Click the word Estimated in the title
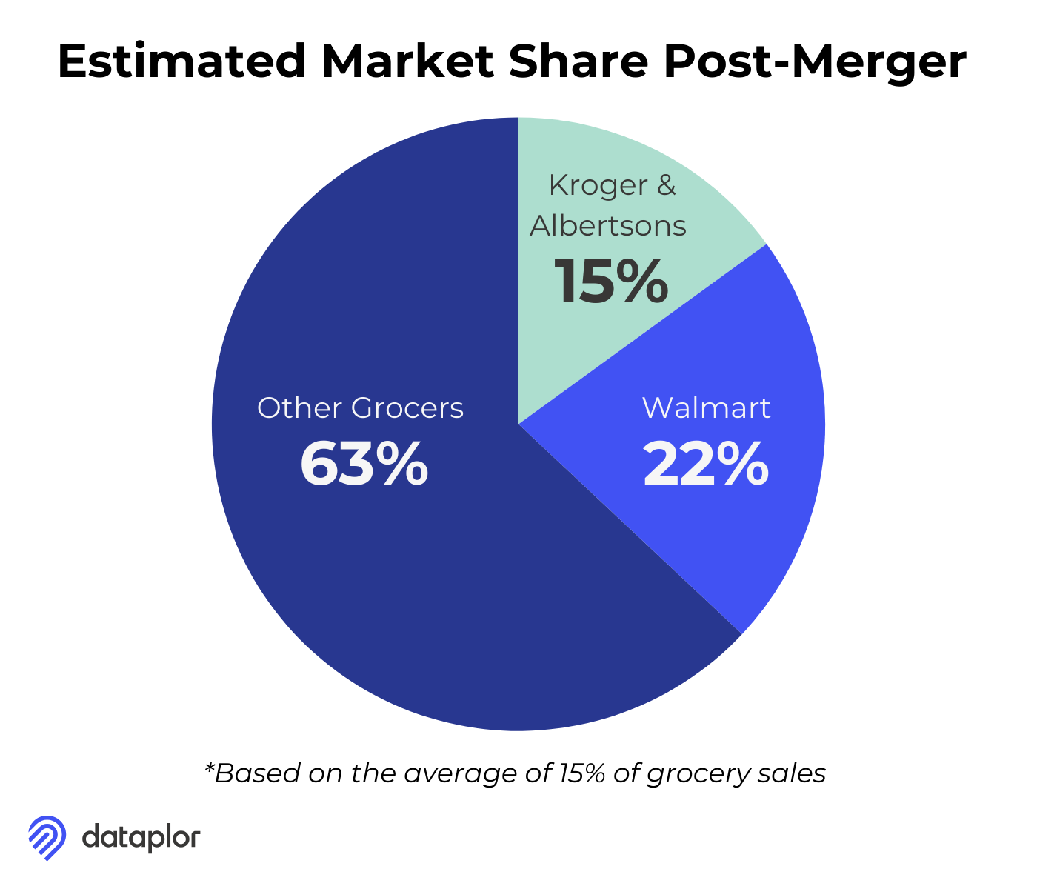[x=181, y=61]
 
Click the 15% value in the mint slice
[x=611, y=282]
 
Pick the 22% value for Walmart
[x=706, y=465]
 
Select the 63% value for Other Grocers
[x=364, y=465]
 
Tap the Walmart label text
[x=706, y=408]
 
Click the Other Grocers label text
[x=360, y=408]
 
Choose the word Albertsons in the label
[x=608, y=225]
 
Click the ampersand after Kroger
[x=667, y=185]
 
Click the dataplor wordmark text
[x=141, y=838]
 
